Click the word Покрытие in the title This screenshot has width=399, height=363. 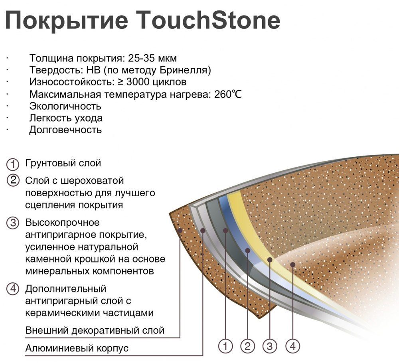(67, 21)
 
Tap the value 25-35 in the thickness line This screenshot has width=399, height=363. (141, 58)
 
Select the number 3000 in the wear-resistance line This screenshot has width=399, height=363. (138, 82)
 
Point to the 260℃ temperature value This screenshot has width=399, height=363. (228, 95)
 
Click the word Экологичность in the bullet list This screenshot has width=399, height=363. (65, 106)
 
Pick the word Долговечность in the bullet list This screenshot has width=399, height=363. (65, 130)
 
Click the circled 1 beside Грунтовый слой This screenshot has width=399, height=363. (13, 164)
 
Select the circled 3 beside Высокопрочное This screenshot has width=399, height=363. (13, 223)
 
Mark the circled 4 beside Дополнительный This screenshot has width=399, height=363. (13, 289)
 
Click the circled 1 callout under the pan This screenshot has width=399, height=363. (225, 346)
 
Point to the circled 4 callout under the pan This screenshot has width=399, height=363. (292, 346)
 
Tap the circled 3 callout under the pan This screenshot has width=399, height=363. (270, 346)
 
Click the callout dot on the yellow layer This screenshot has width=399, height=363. (270, 260)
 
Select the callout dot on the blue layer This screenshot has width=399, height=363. (248, 251)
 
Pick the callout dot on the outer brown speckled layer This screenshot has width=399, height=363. (180, 231)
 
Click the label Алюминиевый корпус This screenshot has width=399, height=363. (77, 348)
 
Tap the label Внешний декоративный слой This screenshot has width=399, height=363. (95, 330)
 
